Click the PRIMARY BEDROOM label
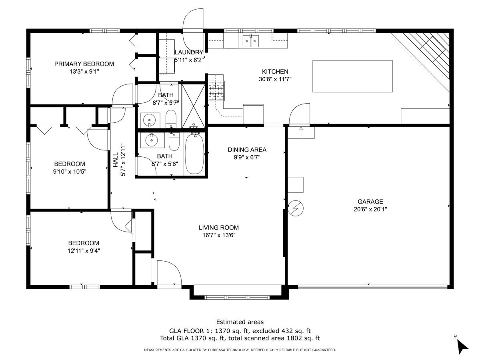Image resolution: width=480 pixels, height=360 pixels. pos(84,64)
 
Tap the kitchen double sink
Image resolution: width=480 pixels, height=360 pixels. pos(250,41)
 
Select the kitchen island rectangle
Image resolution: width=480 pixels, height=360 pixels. pos(352,76)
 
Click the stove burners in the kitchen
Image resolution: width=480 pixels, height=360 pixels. pos(216,91)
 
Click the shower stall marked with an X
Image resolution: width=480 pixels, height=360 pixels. pos(194,106)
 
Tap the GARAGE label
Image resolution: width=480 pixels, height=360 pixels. pos(370,202)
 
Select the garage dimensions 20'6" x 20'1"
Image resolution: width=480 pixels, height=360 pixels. pos(370,209)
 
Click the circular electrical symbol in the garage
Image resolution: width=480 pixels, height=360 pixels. pos(296,208)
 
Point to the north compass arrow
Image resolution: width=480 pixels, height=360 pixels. pos(462,346)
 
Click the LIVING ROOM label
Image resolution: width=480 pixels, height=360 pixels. pos(219,228)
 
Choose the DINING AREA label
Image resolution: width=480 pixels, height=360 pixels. pos(247,150)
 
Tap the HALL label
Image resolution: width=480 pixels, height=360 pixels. pos(116,160)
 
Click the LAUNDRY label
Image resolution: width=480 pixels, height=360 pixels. pos(189,52)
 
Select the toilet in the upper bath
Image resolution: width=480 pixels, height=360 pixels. pos(171,119)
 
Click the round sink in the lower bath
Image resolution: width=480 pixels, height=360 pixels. pos(151,140)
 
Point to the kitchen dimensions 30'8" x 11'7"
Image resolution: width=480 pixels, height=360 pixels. pos(275,79)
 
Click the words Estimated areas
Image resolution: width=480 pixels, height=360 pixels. pos(240,322)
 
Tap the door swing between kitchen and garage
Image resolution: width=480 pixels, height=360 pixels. pos(299,114)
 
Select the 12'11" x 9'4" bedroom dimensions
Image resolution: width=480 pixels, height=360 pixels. pos(84,251)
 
